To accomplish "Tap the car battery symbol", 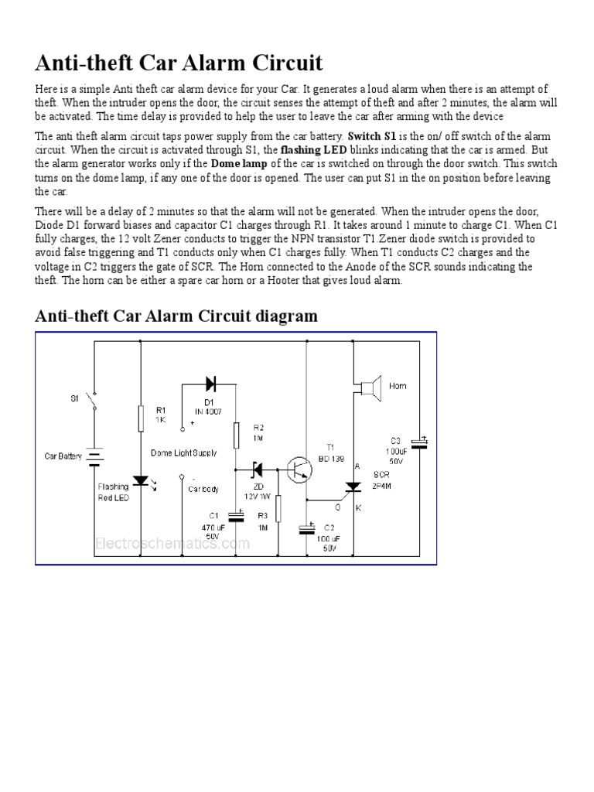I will click(94, 457).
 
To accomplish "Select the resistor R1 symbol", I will click(141, 418).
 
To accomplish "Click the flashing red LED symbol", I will click(141, 480).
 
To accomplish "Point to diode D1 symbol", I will click(210, 382).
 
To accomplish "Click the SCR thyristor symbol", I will click(354, 487).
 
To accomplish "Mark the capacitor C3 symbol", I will click(420, 442).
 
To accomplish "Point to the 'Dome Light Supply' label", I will click(184, 452).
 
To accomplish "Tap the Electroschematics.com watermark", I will click(172, 543).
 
